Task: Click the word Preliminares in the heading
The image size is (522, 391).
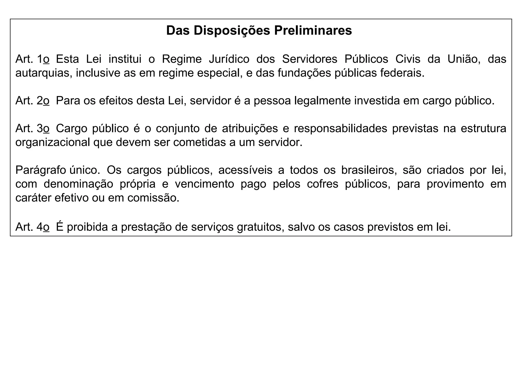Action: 313,31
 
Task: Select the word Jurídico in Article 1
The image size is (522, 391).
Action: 229,59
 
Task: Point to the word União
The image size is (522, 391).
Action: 464,59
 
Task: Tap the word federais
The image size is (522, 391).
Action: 402,73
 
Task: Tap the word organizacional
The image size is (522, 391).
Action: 53,143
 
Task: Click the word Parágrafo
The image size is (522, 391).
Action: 41,170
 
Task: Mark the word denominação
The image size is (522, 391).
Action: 78,184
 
